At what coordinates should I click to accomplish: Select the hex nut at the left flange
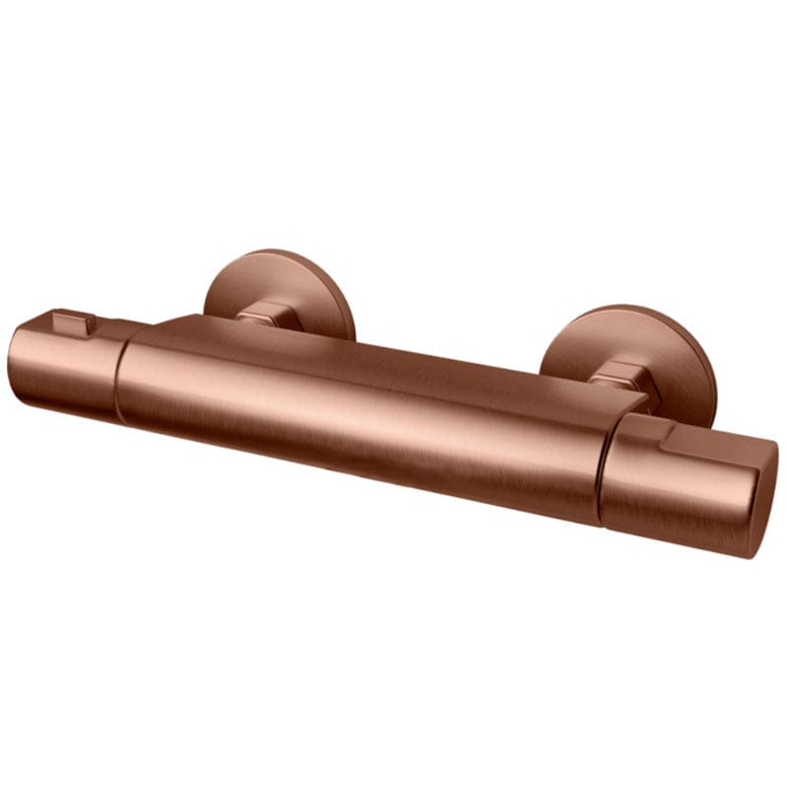(x=259, y=315)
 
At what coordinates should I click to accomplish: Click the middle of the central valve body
(x=365, y=414)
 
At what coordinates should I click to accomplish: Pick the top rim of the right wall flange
(x=631, y=307)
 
